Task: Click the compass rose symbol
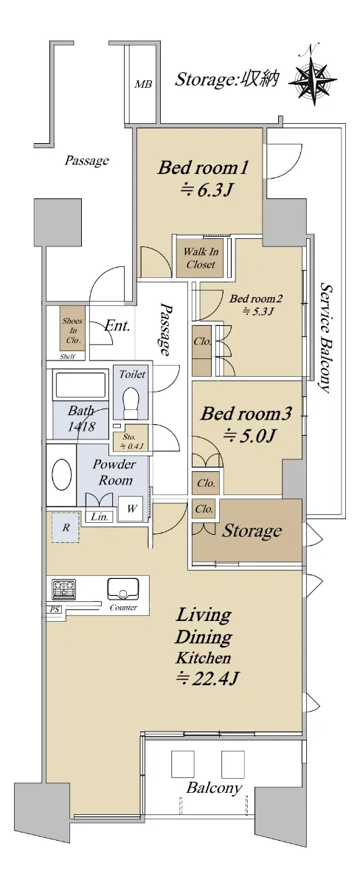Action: coord(313,78)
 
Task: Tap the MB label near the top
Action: coord(142,84)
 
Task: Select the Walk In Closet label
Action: coord(201,257)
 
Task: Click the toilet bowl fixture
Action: coord(130,400)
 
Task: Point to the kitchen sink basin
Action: coord(123,589)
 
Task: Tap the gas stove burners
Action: coord(63,589)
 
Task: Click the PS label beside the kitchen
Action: coord(55,609)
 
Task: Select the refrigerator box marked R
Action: coord(66,527)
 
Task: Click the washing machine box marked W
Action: coord(131,509)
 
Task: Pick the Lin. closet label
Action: coord(99,516)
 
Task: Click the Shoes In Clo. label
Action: coord(72,330)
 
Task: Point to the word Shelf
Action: coord(67,356)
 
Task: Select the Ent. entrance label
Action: coord(117,326)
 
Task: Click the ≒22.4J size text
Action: coord(207,678)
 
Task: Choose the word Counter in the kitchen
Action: coord(123,608)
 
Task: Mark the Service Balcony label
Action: coord(325,338)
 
